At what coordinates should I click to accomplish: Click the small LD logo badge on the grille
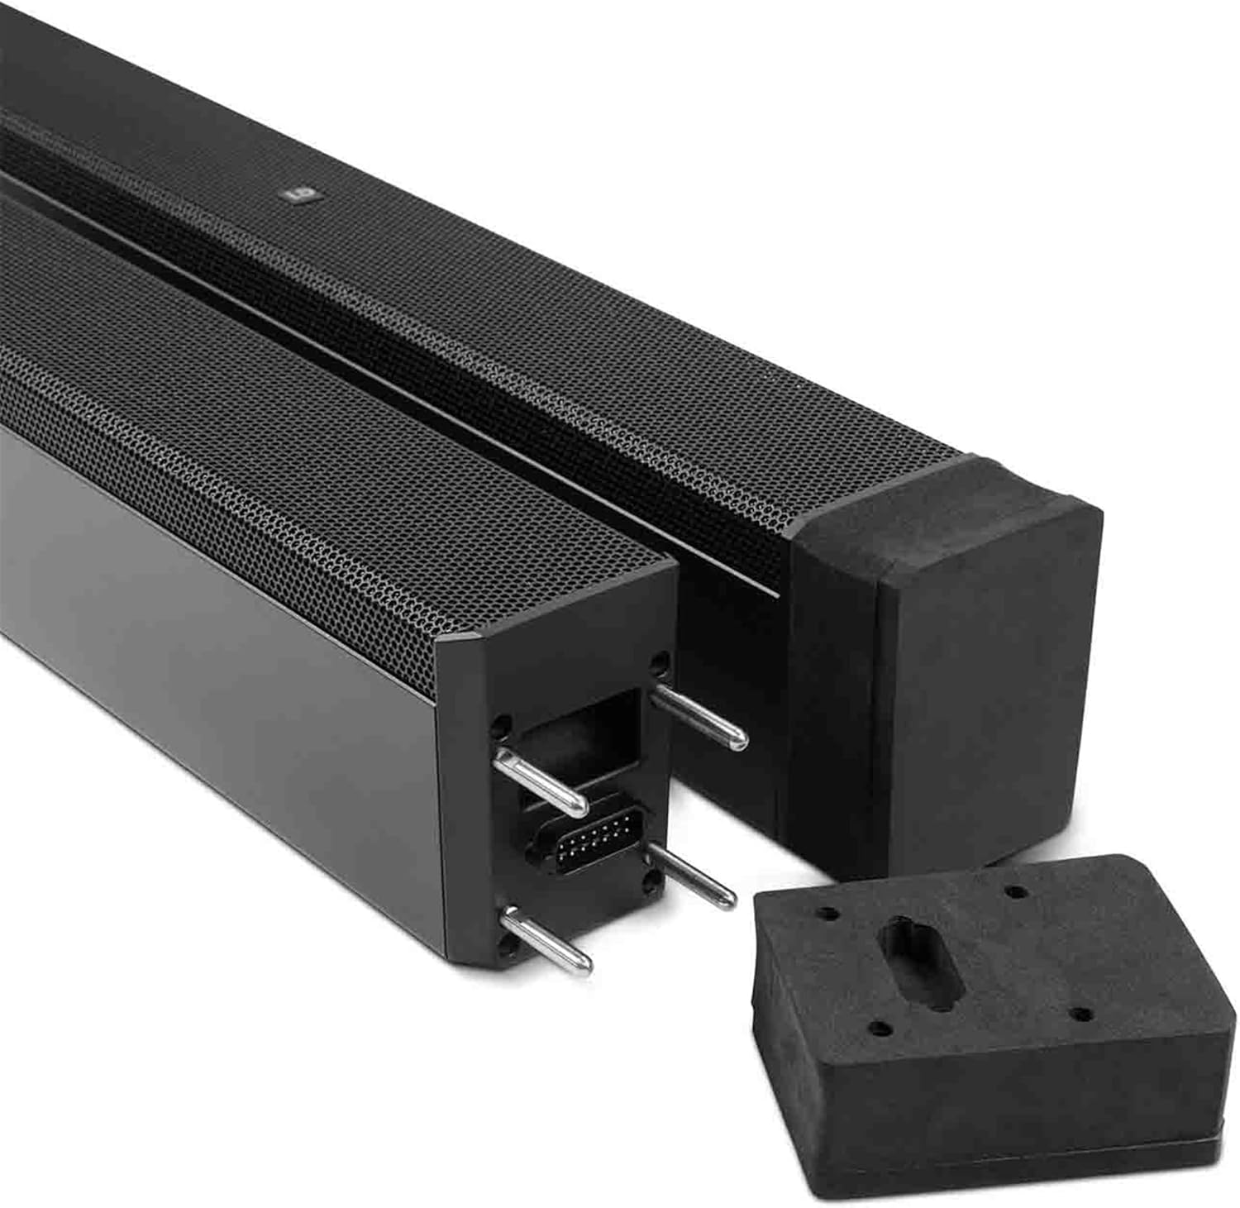click(x=293, y=196)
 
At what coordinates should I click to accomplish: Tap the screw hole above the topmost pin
click(x=659, y=661)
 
